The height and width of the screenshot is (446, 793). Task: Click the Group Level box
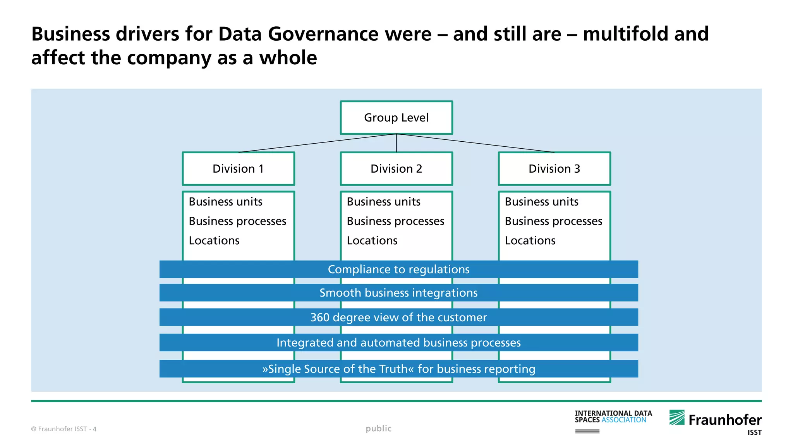point(396,118)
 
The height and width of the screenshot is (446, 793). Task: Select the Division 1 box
point(238,169)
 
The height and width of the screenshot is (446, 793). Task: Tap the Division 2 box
point(396,169)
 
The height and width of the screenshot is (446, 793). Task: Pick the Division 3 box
point(554,169)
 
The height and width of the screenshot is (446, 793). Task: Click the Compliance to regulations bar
point(398,269)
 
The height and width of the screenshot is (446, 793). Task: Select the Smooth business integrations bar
point(398,293)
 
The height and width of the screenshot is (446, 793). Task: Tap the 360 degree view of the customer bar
point(398,317)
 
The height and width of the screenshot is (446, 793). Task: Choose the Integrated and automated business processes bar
point(398,343)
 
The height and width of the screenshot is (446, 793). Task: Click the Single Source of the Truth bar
point(398,369)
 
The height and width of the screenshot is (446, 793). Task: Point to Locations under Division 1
point(214,241)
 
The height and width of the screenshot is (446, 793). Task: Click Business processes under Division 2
point(395,221)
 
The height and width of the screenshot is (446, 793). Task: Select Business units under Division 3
point(541,202)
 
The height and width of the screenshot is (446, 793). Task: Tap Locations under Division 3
point(530,241)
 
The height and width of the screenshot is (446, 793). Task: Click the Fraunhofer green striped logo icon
point(677,417)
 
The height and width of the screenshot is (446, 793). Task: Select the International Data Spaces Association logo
point(613,417)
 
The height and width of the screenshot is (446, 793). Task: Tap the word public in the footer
point(378,429)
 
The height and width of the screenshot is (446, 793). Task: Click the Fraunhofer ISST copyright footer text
point(64,429)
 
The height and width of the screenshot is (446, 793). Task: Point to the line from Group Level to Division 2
point(396,143)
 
